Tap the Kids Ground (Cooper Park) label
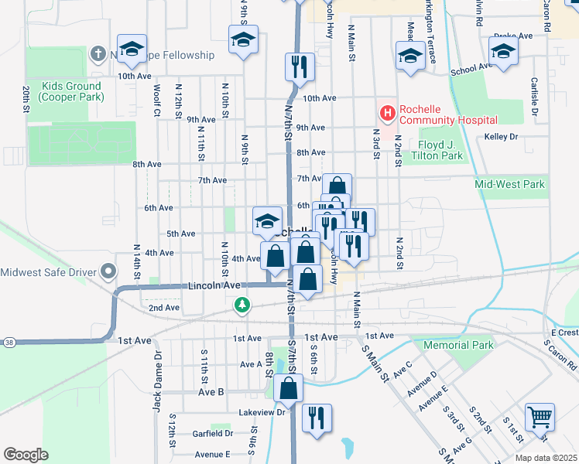(61, 91)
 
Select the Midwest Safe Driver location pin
(108, 271)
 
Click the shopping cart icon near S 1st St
(540, 417)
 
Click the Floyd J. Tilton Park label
(429, 150)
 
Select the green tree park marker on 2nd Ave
(243, 306)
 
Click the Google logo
(26, 455)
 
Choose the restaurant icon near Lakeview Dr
(316, 418)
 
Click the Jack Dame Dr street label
(158, 382)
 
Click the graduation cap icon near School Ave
(503, 52)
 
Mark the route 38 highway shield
(8, 342)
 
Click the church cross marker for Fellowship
(98, 54)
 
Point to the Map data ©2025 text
(545, 458)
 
